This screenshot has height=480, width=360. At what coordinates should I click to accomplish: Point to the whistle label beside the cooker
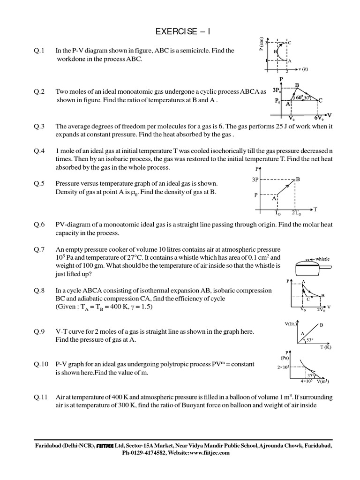[323, 258]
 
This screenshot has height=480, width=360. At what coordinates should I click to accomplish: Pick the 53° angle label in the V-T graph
[311, 340]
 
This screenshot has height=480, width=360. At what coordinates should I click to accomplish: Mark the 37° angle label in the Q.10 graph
[310, 375]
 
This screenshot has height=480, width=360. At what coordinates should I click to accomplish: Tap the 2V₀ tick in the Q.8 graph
[322, 310]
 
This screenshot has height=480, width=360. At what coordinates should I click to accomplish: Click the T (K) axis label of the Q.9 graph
[325, 347]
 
